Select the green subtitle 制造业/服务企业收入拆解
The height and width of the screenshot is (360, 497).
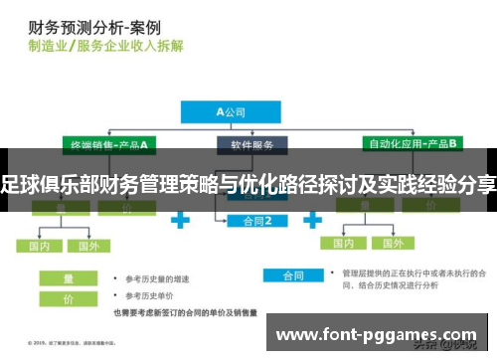[x=104, y=46]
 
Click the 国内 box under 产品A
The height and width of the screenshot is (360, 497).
[x=40, y=246]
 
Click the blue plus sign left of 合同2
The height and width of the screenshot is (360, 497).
[x=179, y=218]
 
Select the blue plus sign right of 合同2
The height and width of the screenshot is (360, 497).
[x=320, y=218]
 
